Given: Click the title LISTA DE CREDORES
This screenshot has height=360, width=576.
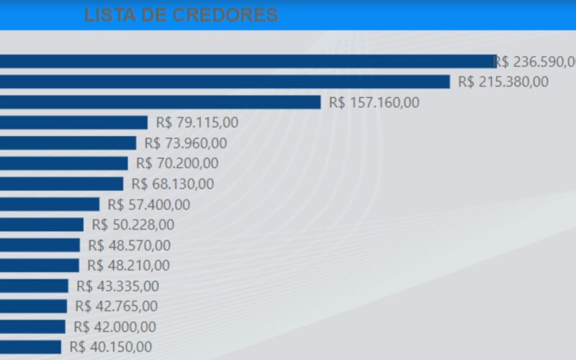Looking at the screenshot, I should tap(181, 15).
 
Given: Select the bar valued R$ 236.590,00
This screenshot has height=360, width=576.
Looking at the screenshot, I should tap(247, 61).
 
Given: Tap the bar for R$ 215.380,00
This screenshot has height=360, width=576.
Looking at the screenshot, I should tap(225, 81).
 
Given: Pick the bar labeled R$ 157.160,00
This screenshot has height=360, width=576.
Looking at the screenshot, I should tap(160, 102).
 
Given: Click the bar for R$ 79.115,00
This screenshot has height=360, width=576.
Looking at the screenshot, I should tap(73, 122).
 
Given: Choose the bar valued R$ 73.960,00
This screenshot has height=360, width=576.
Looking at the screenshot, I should tap(68, 143).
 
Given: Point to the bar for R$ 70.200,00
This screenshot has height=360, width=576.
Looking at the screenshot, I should tap(63, 163).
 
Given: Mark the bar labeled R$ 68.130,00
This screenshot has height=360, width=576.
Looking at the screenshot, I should tap(61, 184).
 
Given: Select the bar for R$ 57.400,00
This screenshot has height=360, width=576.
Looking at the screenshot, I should tap(50, 204).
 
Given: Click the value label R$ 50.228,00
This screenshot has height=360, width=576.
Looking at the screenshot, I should tap(133, 225).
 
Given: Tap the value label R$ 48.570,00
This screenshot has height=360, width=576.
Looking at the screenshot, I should tap(130, 246).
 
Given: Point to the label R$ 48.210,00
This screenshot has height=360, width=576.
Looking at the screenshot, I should tap(129, 266).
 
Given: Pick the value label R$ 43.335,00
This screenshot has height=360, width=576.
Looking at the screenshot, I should tap(117, 286).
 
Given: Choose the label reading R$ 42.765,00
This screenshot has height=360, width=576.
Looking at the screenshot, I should tap(116, 306).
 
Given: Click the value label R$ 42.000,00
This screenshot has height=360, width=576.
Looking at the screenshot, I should tap(114, 327).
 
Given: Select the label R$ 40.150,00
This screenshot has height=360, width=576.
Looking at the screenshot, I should tap(111, 347).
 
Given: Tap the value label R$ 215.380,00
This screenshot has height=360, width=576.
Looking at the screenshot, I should tap(503, 81).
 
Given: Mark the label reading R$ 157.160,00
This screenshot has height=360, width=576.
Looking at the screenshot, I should tap(374, 102).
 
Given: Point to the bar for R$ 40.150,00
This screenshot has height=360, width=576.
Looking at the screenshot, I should tap(30, 347).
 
